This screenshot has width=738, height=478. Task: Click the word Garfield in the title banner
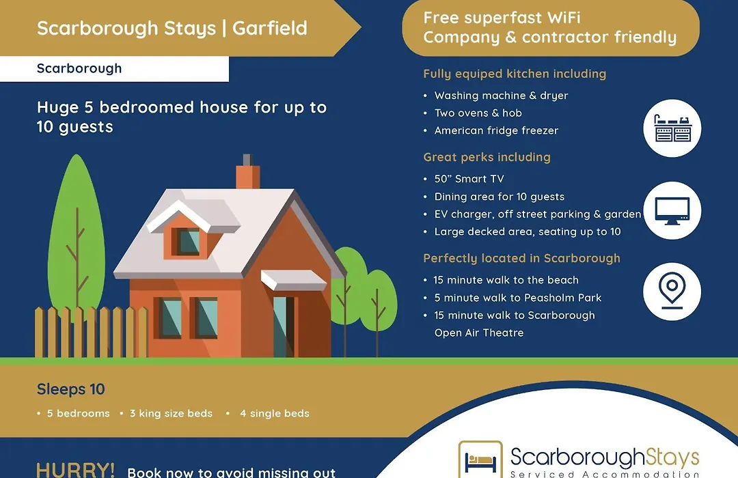270,28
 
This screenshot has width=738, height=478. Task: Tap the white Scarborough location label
114,69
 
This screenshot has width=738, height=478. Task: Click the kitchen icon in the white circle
672,128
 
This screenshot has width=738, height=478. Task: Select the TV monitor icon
672,211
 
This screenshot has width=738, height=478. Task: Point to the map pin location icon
672,290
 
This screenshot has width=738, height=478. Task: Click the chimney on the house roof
248,171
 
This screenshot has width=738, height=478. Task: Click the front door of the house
284,326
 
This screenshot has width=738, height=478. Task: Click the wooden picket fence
92,332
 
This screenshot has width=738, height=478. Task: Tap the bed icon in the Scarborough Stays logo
480,462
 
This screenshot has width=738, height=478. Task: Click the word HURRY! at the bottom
75,470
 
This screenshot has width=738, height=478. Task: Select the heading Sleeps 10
71,389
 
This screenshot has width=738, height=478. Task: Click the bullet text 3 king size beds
171,414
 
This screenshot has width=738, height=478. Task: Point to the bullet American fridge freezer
496,131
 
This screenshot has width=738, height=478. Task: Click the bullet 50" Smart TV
469,179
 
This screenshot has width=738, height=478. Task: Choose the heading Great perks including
487,157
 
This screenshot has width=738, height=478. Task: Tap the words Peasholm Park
563,298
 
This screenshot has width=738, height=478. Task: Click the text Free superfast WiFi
502,18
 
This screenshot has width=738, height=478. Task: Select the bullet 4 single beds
275,414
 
